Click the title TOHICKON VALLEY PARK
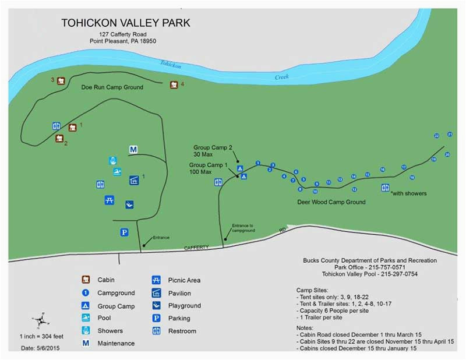click(x=126, y=23)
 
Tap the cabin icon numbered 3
click(x=61, y=80)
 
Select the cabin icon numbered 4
click(x=174, y=85)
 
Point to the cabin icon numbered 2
click(x=59, y=138)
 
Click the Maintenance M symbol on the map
click(x=133, y=150)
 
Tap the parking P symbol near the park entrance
click(x=124, y=232)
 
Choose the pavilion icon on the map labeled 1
click(x=133, y=180)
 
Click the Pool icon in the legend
click(x=85, y=318)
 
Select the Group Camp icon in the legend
click(x=85, y=306)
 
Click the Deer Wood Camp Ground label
click(x=330, y=202)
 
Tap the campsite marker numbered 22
click(x=436, y=135)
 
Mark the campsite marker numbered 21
click(x=450, y=134)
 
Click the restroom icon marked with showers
click(x=385, y=188)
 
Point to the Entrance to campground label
click(x=243, y=227)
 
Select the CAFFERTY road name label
click(x=196, y=248)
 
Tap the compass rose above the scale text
click(x=40, y=320)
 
